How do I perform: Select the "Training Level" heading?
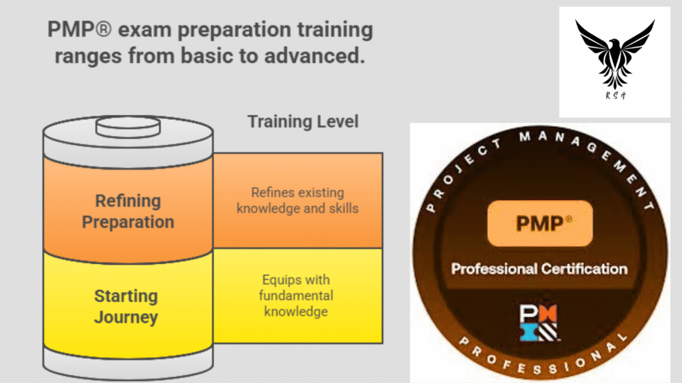(303, 122)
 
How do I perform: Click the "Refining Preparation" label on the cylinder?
(128, 211)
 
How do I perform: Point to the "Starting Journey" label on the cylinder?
(126, 306)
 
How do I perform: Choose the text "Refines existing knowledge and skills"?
(297, 200)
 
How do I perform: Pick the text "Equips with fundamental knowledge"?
(296, 295)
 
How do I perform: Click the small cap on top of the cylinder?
(127, 125)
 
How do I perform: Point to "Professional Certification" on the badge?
(539, 269)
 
